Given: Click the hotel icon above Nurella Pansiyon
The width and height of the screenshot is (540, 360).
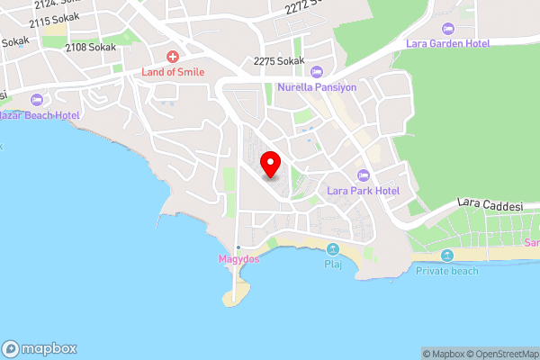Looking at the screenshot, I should (316, 71).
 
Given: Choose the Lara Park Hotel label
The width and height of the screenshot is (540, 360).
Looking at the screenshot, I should (363, 191).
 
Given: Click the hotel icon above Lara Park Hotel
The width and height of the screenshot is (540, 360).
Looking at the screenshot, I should (364, 175).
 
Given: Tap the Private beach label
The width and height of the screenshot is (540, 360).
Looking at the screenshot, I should (447, 271).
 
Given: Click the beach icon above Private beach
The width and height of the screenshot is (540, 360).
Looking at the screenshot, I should (447, 256).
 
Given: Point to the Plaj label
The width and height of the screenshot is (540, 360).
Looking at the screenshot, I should (333, 265).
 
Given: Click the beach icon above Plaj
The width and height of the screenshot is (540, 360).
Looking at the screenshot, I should (333, 249).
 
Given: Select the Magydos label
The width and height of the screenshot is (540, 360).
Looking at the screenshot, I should (238, 260).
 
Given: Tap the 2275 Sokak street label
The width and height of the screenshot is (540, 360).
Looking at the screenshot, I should (278, 61).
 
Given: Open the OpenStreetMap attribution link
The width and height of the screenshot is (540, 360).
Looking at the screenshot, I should (501, 354).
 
